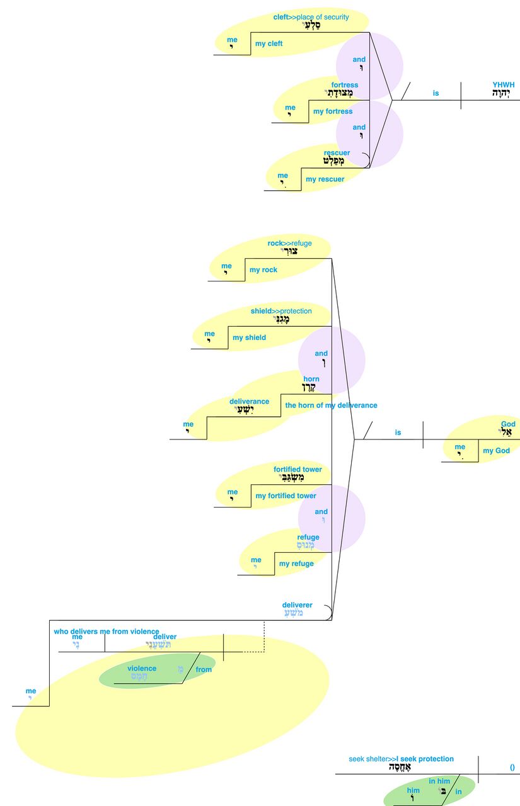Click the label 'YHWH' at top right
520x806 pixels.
(503, 84)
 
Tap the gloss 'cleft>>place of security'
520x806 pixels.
(311, 17)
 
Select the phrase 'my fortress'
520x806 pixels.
(333, 111)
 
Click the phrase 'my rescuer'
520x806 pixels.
(325, 179)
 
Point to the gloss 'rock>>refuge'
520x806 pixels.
(289, 244)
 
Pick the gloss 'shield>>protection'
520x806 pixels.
(281, 311)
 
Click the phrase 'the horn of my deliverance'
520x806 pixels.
(331, 406)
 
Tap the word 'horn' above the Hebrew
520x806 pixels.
(311, 379)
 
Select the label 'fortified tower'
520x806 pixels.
(298, 470)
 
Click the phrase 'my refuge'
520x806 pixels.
(296, 564)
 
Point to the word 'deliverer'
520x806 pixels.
(297, 605)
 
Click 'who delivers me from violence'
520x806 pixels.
(107, 631)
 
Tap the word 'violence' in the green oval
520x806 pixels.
(142, 669)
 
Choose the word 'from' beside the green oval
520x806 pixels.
(204, 669)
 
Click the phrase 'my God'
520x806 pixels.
(496, 450)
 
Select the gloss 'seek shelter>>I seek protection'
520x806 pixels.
(401, 759)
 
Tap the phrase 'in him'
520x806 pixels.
(439, 781)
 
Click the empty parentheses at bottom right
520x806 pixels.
(512, 767)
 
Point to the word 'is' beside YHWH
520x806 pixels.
(436, 93)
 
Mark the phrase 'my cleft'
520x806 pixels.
(269, 44)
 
